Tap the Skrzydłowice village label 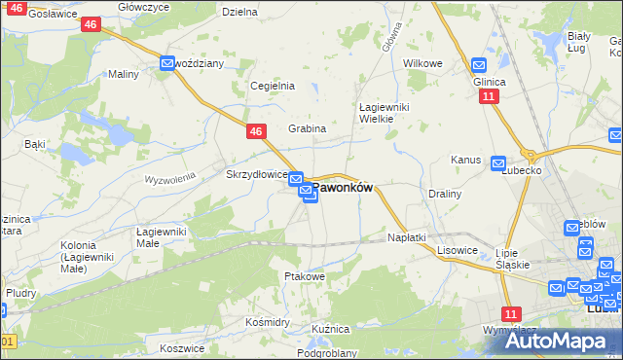pos(255,174)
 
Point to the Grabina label pos(307,128)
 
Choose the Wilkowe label pos(422,63)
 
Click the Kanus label pos(465,159)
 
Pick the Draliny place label pos(444,194)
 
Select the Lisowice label pos(457,250)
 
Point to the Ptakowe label pos(304,276)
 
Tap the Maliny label pos(123,74)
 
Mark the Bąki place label pos(35,144)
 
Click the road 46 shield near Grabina pos(255,130)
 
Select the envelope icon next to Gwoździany pos(167,63)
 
